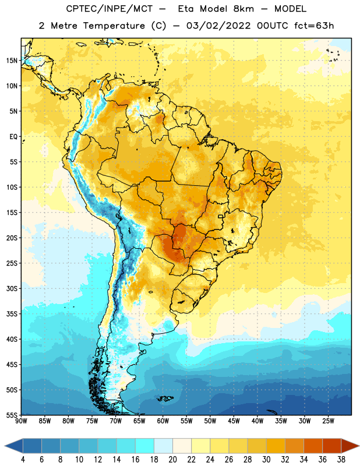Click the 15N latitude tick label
pyautogui.click(x=12, y=61)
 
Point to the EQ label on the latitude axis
pyautogui.click(x=13, y=137)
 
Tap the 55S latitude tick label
pyautogui.click(x=12, y=415)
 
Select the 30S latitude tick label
pyautogui.click(x=12, y=288)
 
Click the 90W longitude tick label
pyautogui.click(x=21, y=421)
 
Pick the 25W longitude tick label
pyautogui.click(x=328, y=421)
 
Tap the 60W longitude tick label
pyautogui.click(x=163, y=421)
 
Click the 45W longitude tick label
pyautogui.click(x=234, y=421)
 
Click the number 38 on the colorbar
pyautogui.click(x=341, y=460)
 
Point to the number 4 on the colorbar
pyautogui.click(x=23, y=460)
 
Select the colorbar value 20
pyautogui.click(x=172, y=460)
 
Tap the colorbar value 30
pyautogui.click(x=266, y=460)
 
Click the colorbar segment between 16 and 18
pyautogui.click(x=144, y=446)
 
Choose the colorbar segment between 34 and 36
pyautogui.click(x=313, y=446)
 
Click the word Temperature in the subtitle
pyautogui.click(x=114, y=26)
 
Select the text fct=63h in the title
pyautogui.click(x=314, y=26)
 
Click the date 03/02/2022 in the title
pyautogui.click(x=218, y=26)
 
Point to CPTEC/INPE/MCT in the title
pyautogui.click(x=109, y=9)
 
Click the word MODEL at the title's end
pyautogui.click(x=290, y=9)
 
